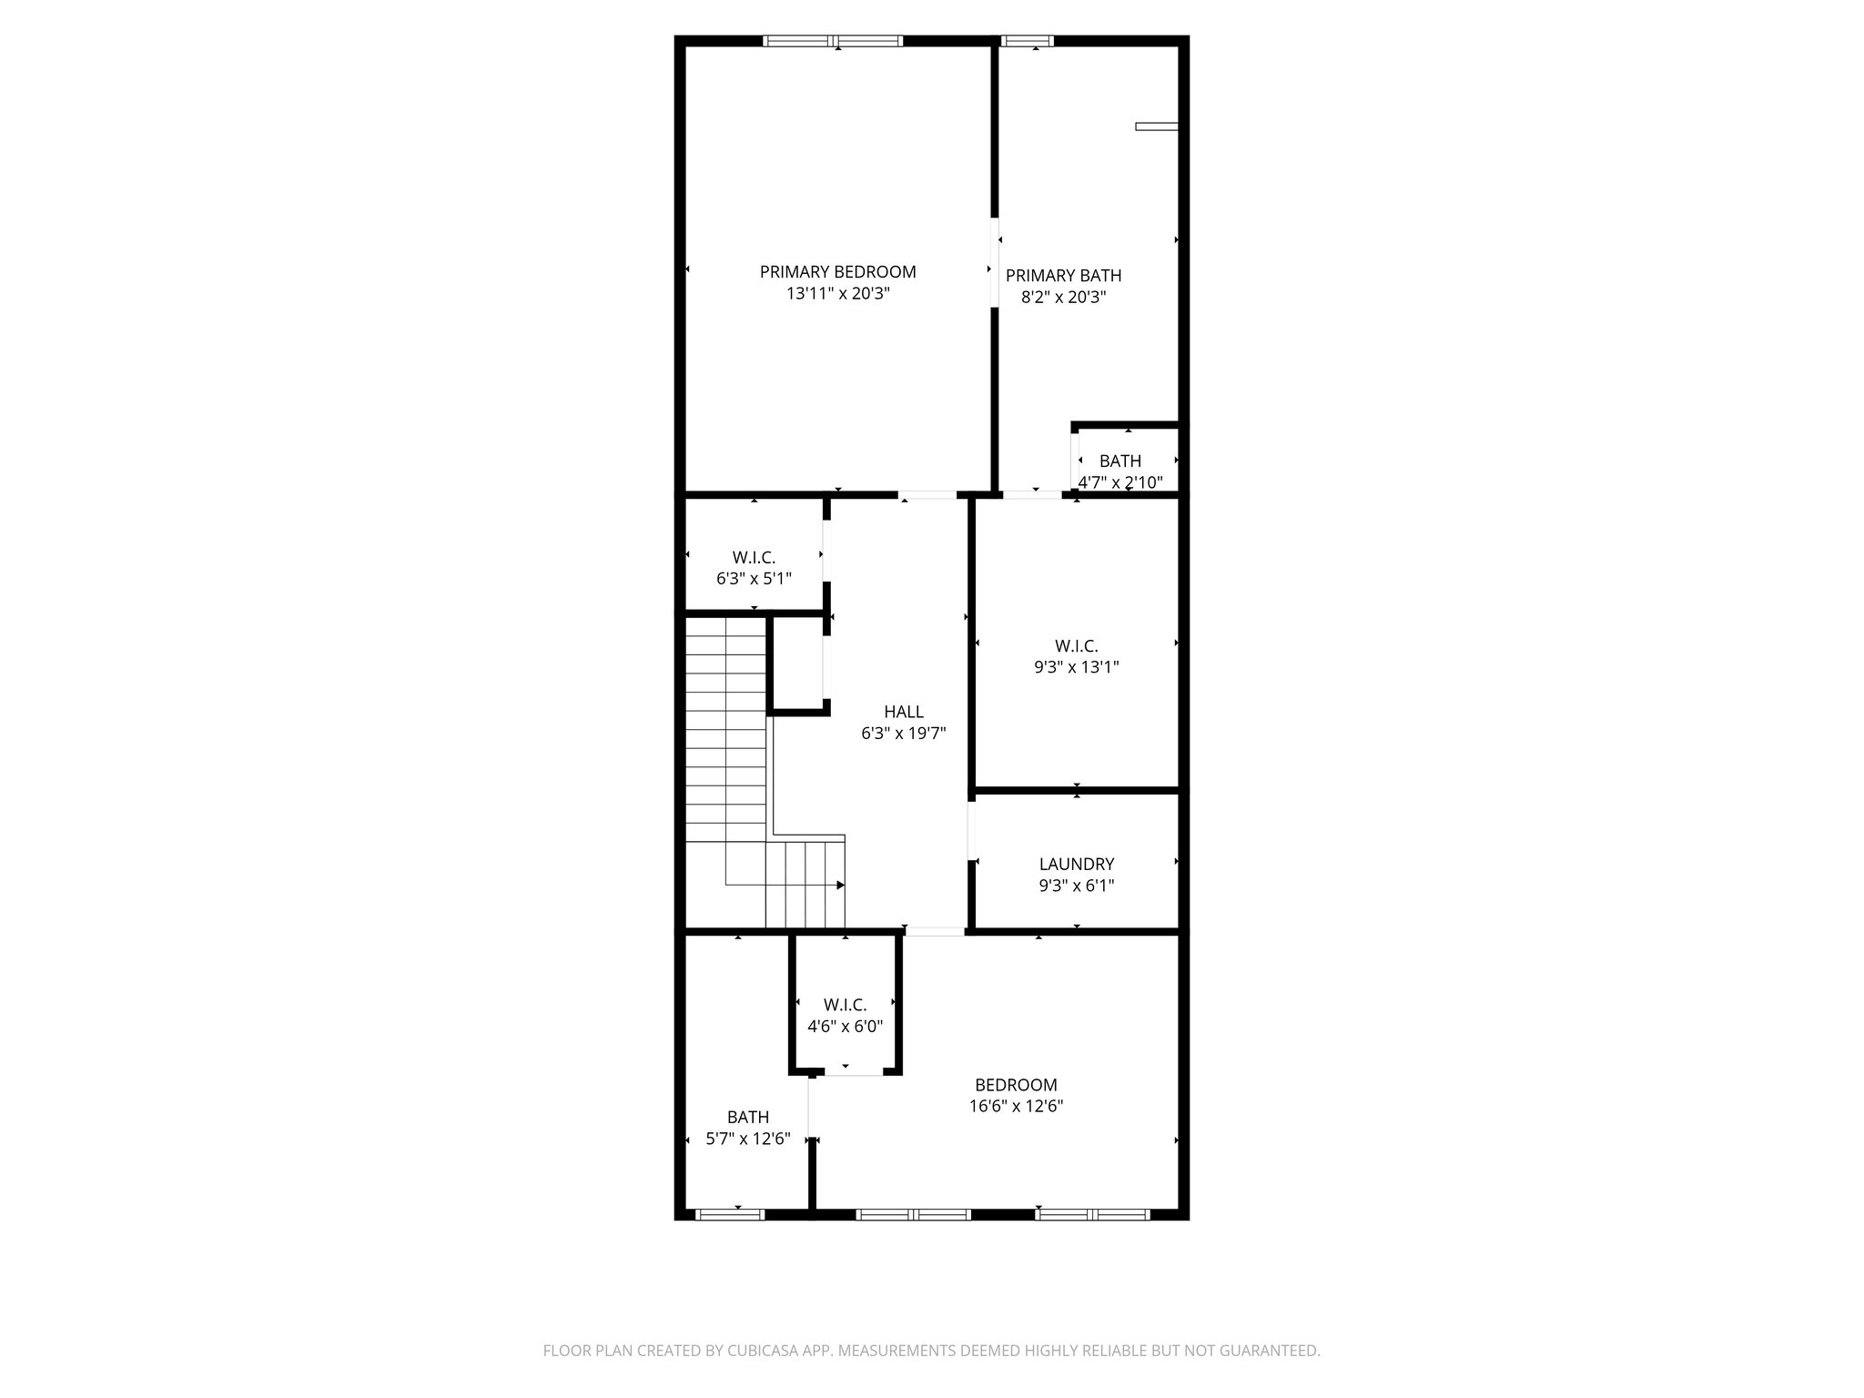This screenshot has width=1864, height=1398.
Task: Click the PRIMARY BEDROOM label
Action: tap(837, 271)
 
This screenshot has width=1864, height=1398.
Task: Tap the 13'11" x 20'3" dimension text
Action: tap(837, 294)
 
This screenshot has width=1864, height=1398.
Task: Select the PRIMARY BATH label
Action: tap(1063, 275)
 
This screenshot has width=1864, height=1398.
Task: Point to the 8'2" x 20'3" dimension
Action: tap(1063, 297)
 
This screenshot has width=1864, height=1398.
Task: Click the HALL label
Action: tap(903, 712)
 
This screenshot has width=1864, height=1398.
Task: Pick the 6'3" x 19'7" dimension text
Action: tap(903, 734)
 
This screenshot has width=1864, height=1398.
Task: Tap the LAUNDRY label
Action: tap(1077, 864)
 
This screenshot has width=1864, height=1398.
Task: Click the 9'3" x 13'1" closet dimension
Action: tap(1076, 667)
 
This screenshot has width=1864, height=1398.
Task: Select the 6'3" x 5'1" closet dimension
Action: tap(754, 578)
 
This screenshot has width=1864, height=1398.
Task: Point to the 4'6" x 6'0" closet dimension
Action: tap(845, 1027)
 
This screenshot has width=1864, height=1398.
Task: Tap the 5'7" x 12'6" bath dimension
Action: tap(748, 1139)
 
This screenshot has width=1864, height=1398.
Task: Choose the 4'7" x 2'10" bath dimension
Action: tap(1120, 482)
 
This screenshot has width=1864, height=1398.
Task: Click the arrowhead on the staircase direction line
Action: tap(840, 885)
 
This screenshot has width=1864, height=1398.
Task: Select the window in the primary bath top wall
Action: tap(1027, 41)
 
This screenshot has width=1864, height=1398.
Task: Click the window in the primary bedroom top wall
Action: tap(833, 41)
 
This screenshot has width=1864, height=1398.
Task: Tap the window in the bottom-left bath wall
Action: tap(730, 1213)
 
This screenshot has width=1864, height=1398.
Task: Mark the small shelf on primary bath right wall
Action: tap(1157, 127)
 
